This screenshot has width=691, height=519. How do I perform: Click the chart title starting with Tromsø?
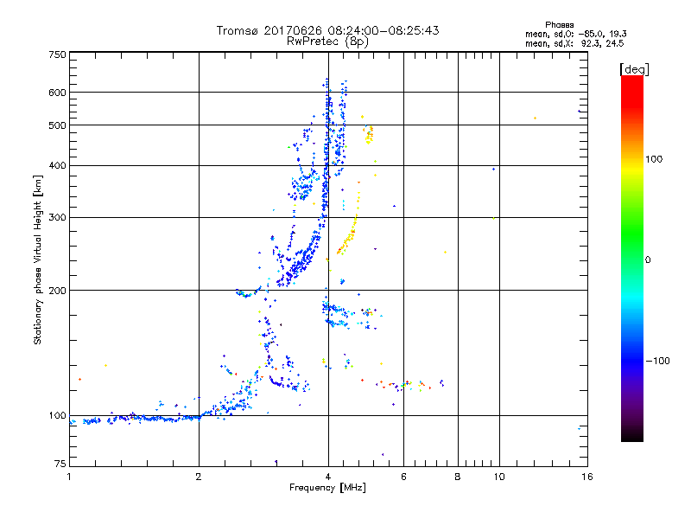tap(327, 30)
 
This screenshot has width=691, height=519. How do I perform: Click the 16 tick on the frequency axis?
tap(586, 477)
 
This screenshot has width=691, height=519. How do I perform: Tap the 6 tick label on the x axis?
tap(403, 477)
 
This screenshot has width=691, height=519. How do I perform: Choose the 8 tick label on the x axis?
tap(458, 477)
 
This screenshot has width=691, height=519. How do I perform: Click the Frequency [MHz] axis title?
tap(327, 489)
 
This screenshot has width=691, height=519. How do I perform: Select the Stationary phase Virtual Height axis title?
tap(38, 260)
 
